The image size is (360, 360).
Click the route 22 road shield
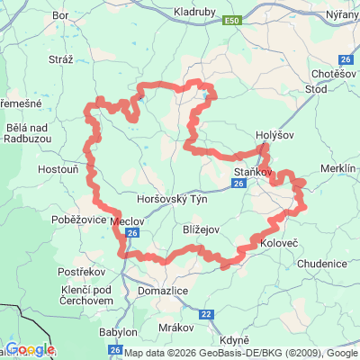[x=206, y=313]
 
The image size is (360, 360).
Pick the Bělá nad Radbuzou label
[x=26, y=136]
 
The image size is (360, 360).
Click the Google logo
[x=30, y=349]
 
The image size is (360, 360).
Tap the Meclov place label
[x=124, y=220]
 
